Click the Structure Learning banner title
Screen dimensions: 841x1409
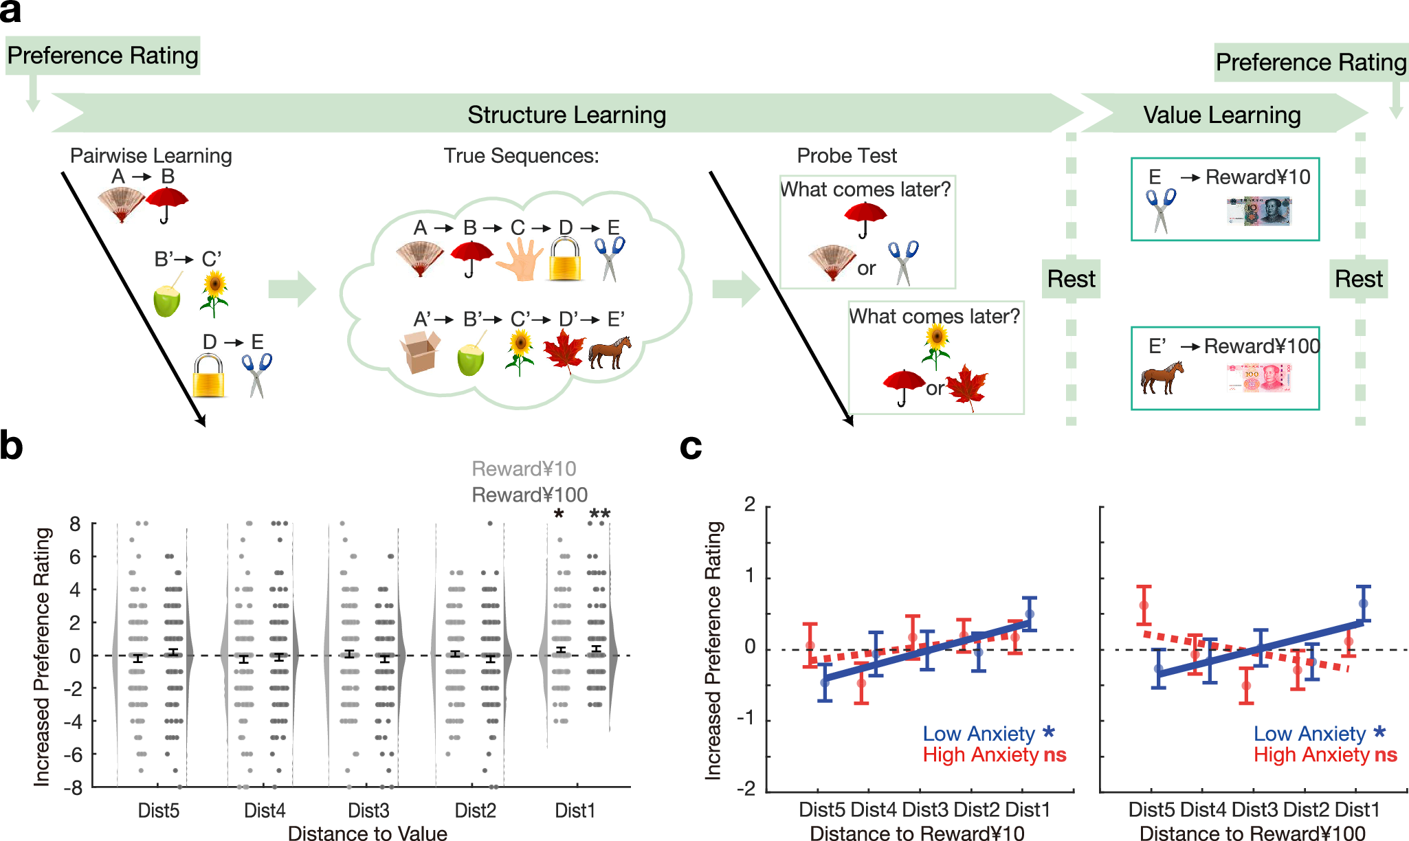point(566,115)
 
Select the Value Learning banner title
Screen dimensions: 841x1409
point(1221,115)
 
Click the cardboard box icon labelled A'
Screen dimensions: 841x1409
point(420,351)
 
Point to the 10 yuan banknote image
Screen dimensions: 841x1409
point(1259,212)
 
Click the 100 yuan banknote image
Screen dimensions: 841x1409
point(1259,378)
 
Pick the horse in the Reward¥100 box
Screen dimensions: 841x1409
point(1162,377)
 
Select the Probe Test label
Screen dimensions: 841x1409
point(846,156)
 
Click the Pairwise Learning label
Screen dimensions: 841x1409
point(151,156)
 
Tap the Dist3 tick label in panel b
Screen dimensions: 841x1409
point(368,811)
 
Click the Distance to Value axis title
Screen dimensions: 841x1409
point(367,833)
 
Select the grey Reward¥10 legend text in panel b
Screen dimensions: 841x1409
point(524,469)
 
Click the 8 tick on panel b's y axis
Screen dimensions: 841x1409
point(75,524)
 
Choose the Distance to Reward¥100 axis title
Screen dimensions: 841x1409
point(1252,833)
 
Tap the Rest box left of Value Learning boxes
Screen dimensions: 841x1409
point(1070,279)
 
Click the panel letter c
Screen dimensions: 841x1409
point(690,447)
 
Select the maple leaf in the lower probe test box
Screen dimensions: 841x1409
point(966,387)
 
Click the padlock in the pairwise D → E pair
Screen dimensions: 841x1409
point(208,376)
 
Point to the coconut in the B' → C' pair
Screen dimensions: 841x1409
point(167,299)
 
